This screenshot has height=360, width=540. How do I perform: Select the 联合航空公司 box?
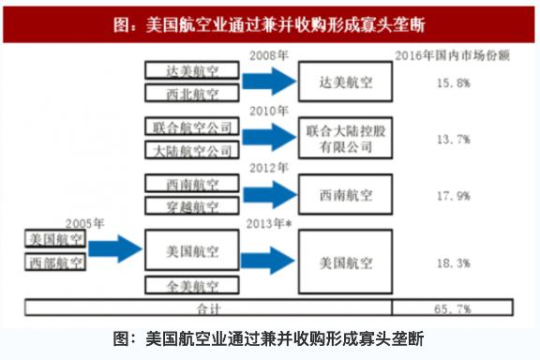(x=195, y=126)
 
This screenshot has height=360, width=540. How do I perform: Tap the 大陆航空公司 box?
(x=195, y=149)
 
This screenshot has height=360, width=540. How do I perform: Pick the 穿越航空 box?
(x=195, y=206)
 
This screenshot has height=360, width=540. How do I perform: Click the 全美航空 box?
(x=195, y=285)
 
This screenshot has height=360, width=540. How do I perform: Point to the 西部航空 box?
(x=53, y=262)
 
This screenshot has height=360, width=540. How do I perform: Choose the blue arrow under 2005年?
(x=114, y=250)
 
